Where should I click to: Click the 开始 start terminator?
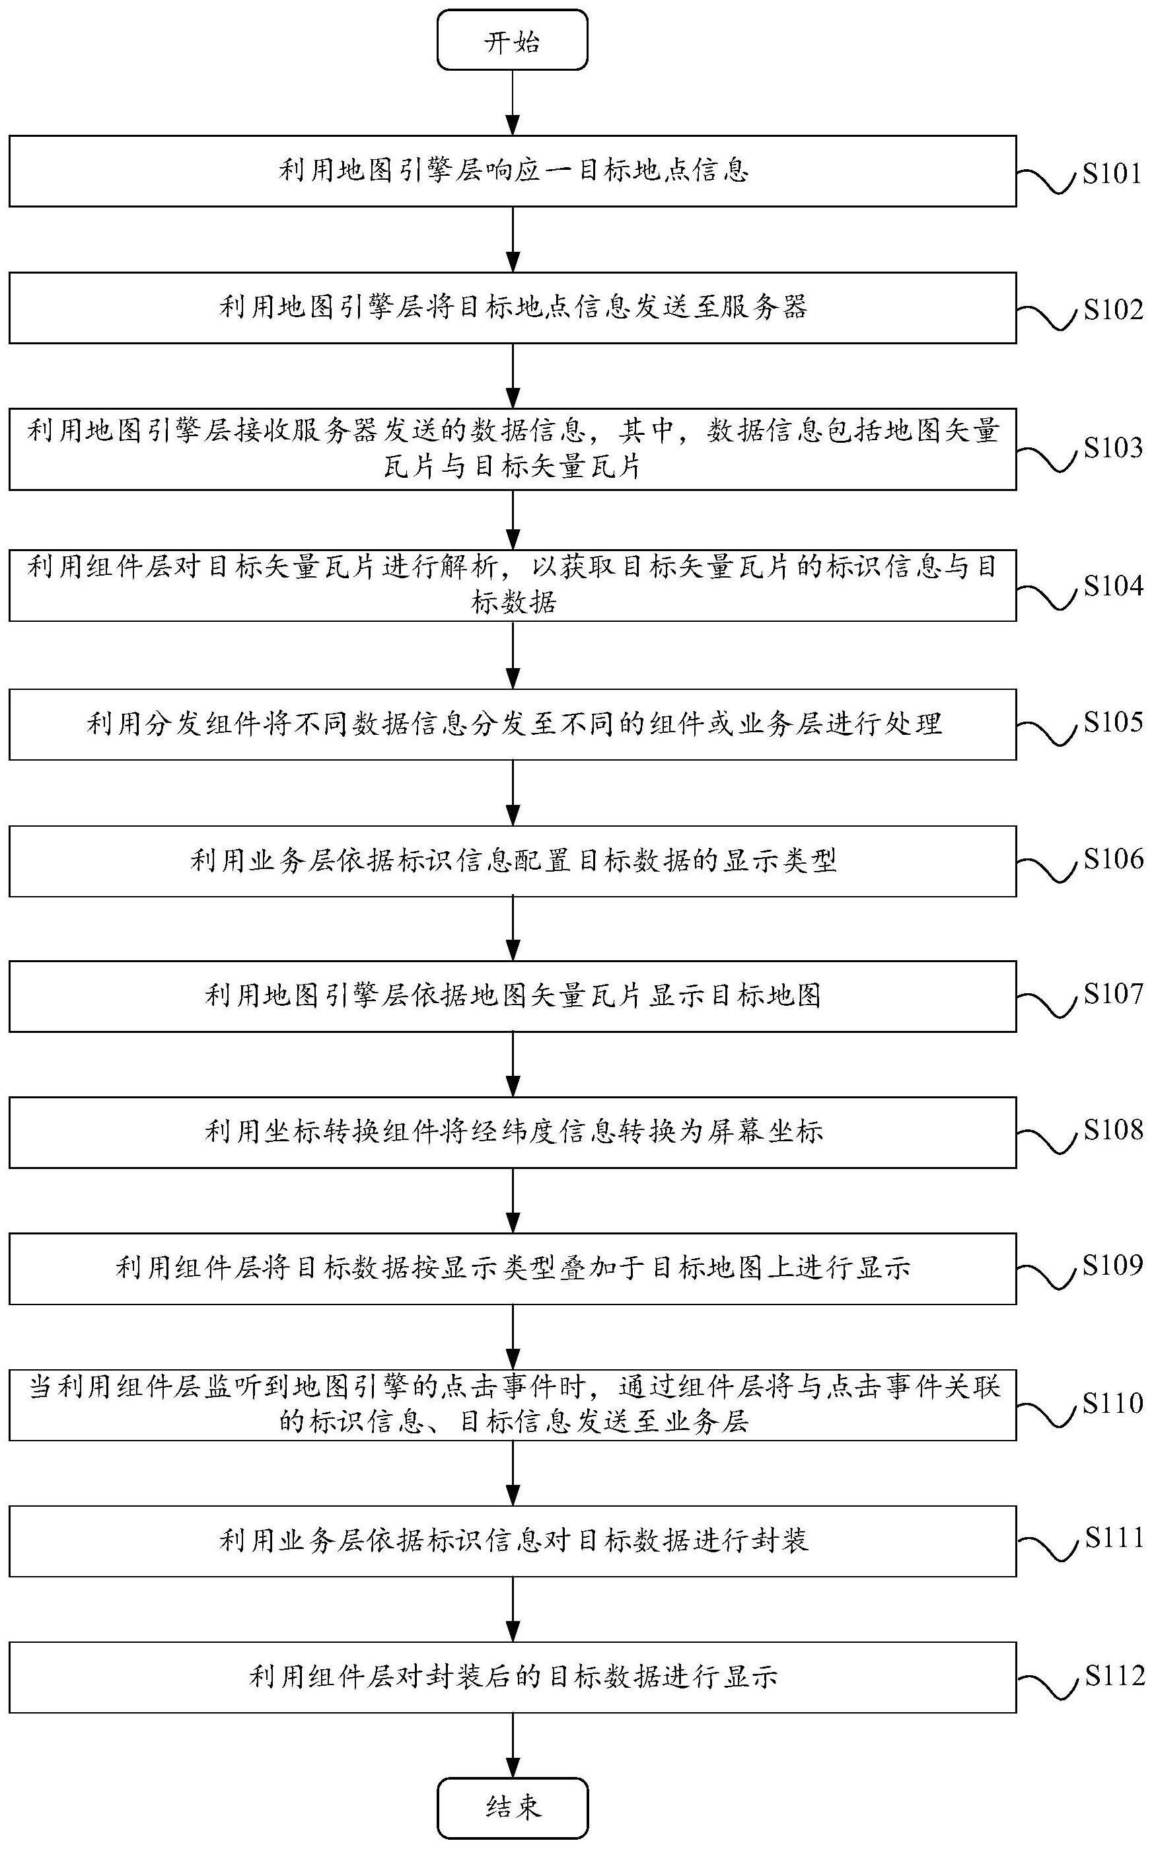click(512, 40)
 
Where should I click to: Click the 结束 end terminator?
click(512, 1807)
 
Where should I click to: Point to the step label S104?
click(1114, 585)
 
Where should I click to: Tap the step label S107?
click(1114, 993)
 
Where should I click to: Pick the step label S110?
click(1114, 1402)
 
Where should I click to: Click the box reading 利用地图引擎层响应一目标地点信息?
click(512, 171)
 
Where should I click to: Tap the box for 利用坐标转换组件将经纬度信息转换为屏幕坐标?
click(512, 1132)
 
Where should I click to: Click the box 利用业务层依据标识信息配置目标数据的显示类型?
click(512, 861)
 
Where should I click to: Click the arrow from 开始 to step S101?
click(513, 102)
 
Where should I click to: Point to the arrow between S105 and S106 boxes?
click(513, 792)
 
